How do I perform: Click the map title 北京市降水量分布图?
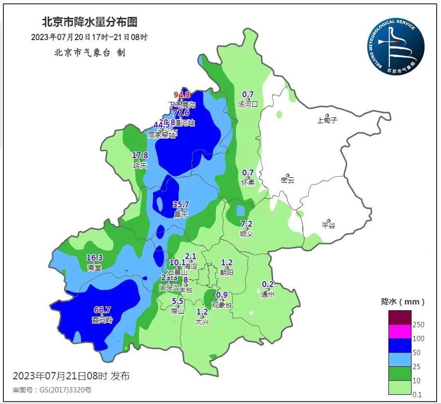click(90, 22)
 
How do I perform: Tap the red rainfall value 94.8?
click(182, 95)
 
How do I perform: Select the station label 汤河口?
click(248, 104)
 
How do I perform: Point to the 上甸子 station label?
click(327, 120)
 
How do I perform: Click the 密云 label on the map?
click(287, 180)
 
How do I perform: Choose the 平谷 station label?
click(328, 225)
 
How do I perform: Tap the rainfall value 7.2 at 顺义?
click(247, 224)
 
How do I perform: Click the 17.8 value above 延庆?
click(140, 155)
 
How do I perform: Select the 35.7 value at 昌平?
click(180, 204)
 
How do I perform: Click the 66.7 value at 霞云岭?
click(102, 310)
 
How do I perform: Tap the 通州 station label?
click(267, 294)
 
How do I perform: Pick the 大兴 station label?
click(202, 321)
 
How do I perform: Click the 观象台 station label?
click(222, 305)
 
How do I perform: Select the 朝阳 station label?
click(227, 273)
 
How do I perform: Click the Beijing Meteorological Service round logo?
click(395, 47)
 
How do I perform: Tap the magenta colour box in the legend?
click(400, 332)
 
